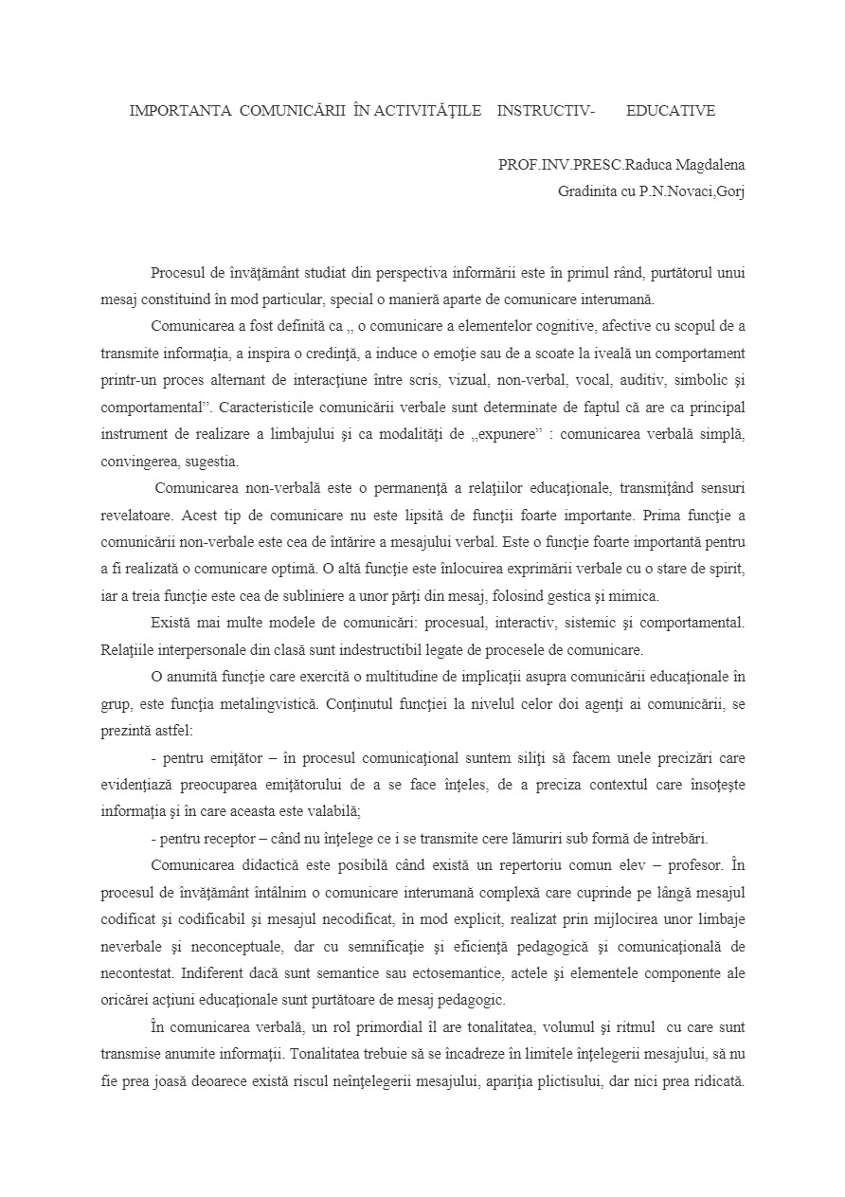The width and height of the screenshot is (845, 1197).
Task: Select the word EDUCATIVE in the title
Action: pyautogui.click(x=671, y=111)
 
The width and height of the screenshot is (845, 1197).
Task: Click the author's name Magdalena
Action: pyautogui.click(x=704, y=164)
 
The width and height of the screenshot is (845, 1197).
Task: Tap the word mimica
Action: pyautogui.click(x=638, y=597)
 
